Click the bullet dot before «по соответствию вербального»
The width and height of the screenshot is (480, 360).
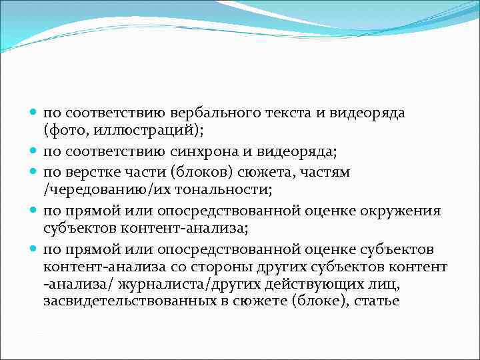tap(34, 113)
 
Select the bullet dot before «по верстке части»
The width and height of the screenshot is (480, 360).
tap(34, 172)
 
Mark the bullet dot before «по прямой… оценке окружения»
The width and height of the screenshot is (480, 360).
tap(34, 211)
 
